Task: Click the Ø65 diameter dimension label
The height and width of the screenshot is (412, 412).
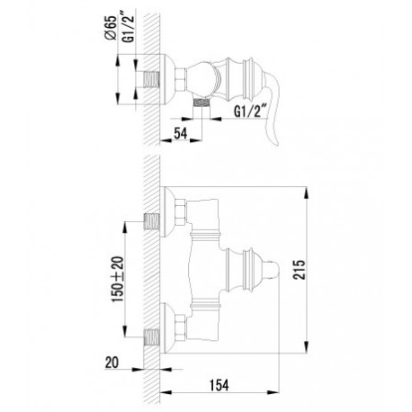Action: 111,28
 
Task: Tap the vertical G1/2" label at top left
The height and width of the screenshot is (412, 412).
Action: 128,27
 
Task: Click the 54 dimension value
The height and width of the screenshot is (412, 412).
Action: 181,133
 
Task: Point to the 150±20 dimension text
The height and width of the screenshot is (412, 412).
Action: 118,279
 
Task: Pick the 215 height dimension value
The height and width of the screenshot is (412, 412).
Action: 299,270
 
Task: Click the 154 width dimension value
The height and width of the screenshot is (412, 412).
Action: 219,385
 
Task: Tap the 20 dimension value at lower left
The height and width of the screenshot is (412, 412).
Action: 112,363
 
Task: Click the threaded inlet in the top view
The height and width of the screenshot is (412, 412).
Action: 151,80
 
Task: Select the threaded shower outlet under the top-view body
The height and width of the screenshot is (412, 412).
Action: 201,103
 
